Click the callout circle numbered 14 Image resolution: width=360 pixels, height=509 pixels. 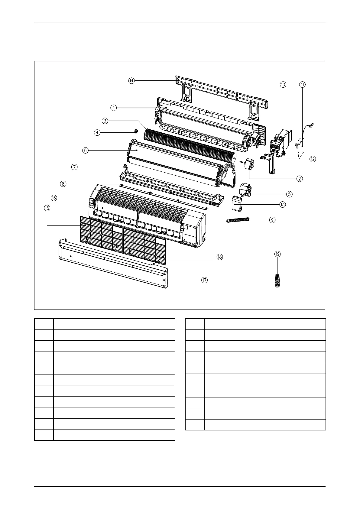tap(131, 81)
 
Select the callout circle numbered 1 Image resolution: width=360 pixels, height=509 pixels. tap(113, 108)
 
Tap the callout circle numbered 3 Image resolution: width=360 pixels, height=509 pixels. tap(105, 121)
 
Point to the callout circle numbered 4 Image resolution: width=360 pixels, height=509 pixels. tap(97, 132)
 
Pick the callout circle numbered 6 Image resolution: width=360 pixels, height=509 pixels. tap(86, 150)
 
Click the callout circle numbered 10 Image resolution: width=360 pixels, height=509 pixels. tap(283, 85)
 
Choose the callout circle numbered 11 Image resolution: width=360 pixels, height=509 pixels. tap(303, 85)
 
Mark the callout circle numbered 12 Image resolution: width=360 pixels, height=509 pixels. tap(312, 159)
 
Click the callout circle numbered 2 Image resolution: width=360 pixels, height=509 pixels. tap(300, 178)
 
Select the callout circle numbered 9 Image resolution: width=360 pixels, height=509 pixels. tap(272, 220)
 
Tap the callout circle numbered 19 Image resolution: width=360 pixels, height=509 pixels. tap(277, 254)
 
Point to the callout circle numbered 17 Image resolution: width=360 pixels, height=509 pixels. tap(205, 280)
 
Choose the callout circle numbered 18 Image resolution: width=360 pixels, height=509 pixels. tap(219, 257)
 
